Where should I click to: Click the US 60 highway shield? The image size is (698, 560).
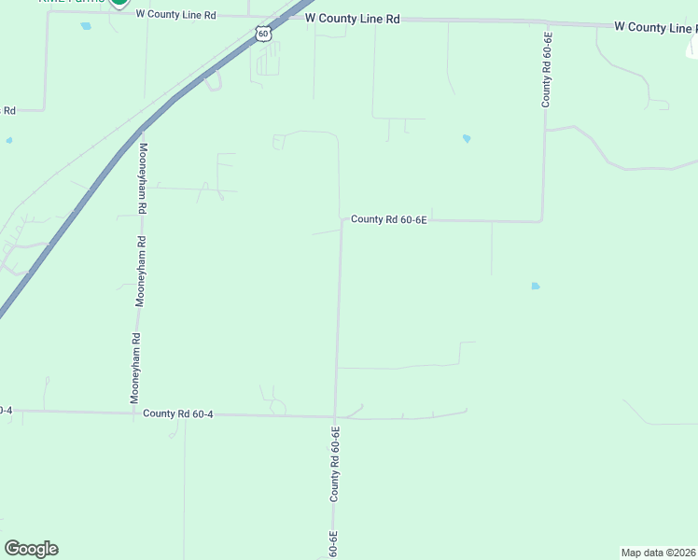coord(264,34)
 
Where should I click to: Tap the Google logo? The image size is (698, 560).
coord(31,549)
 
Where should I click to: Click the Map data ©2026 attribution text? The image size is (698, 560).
coord(659,553)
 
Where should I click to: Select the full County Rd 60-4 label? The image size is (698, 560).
coord(178,413)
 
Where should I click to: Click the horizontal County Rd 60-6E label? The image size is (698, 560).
coord(388,219)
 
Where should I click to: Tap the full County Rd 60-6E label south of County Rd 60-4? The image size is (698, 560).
coord(334,464)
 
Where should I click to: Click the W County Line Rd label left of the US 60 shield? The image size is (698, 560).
coord(175,15)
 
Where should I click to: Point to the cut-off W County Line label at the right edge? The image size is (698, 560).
coord(655,27)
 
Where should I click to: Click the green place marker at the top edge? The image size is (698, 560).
coord(119,4)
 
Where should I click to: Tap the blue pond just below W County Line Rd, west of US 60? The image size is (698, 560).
coord(86,26)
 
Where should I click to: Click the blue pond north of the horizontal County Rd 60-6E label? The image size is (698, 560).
coord(466,139)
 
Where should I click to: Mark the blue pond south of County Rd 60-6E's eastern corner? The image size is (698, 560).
coord(535,286)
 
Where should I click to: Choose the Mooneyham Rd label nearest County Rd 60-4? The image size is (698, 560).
coord(135,368)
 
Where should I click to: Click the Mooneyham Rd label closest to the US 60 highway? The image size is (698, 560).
coord(143,179)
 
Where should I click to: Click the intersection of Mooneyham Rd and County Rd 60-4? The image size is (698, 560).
coord(134,412)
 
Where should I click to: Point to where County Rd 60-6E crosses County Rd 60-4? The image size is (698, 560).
coord(335,416)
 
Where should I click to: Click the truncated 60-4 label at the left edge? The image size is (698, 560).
coord(6,410)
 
